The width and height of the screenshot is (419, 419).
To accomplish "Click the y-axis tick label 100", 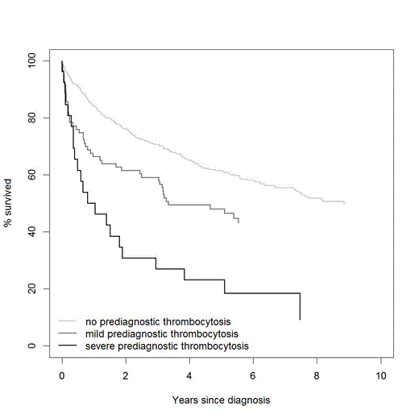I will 31,60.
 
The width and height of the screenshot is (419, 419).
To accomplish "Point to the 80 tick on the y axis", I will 31,118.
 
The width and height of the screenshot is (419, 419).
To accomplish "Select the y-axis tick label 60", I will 31,175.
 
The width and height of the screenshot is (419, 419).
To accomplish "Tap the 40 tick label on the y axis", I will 31,232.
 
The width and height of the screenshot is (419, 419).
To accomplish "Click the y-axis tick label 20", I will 31,288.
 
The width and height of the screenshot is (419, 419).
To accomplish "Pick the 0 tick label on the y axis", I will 31,346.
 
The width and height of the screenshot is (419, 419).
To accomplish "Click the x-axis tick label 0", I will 62,375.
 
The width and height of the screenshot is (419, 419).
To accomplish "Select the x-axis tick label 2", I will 126,375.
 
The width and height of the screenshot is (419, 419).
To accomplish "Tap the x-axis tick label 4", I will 189,375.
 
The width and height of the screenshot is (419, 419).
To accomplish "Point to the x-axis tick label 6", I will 253,375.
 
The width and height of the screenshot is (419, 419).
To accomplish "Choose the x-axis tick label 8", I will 317,375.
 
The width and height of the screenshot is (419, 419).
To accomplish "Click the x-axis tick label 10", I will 380,375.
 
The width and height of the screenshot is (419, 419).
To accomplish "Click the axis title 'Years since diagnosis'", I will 221,400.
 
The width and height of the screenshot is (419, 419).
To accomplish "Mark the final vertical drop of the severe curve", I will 300,306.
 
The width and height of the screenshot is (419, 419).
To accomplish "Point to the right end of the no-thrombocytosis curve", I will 344,203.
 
